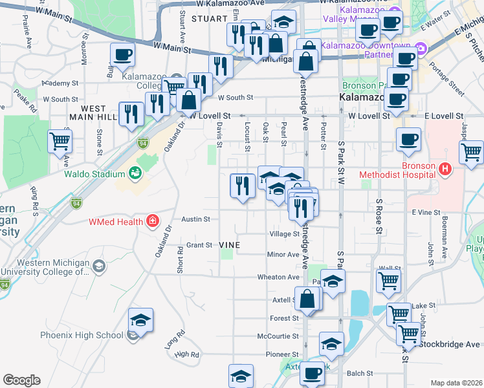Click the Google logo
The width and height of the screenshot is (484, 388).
pos(21,380)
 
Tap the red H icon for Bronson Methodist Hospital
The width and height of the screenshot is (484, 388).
pos(445,169)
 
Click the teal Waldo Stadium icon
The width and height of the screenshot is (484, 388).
pos(135,173)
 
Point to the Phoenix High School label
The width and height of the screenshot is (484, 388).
pos(82,335)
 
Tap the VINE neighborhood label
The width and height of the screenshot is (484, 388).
pos(230,245)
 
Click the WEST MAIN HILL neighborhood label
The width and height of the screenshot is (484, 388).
pos(94,113)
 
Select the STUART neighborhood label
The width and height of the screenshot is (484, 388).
pos(208,19)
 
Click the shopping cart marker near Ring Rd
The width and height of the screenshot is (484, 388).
pos(60,141)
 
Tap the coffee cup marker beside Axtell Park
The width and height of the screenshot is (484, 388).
pos(313,374)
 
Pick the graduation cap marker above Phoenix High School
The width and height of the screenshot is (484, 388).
pos(139,320)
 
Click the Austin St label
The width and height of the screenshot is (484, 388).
pos(195,219)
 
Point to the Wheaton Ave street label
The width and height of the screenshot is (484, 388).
pos(279,277)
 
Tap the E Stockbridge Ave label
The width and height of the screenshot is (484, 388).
pos(450,343)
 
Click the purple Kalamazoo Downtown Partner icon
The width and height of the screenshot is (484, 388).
pos(421,49)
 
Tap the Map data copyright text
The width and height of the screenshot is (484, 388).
pos(456,383)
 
